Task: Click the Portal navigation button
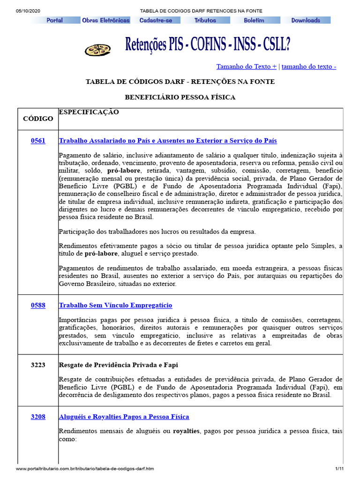[55, 20]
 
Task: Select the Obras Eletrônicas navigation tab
[105, 20]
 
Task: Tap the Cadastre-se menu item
[156, 20]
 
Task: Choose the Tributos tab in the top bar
[205, 20]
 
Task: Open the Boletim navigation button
[254, 20]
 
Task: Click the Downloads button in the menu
[306, 20]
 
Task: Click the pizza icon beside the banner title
[97, 49]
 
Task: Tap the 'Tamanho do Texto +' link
[246, 67]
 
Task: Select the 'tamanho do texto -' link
[309, 67]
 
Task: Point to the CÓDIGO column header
[38, 119]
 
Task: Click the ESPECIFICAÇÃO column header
[89, 112]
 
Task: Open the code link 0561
[38, 141]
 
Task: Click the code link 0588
[38, 305]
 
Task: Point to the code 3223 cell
[38, 365]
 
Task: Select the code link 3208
[38, 416]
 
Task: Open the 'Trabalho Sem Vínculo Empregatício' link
[115, 305]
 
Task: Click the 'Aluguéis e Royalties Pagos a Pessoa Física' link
[124, 416]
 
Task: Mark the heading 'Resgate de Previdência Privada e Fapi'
[118, 365]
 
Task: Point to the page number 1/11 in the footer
[339, 469]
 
